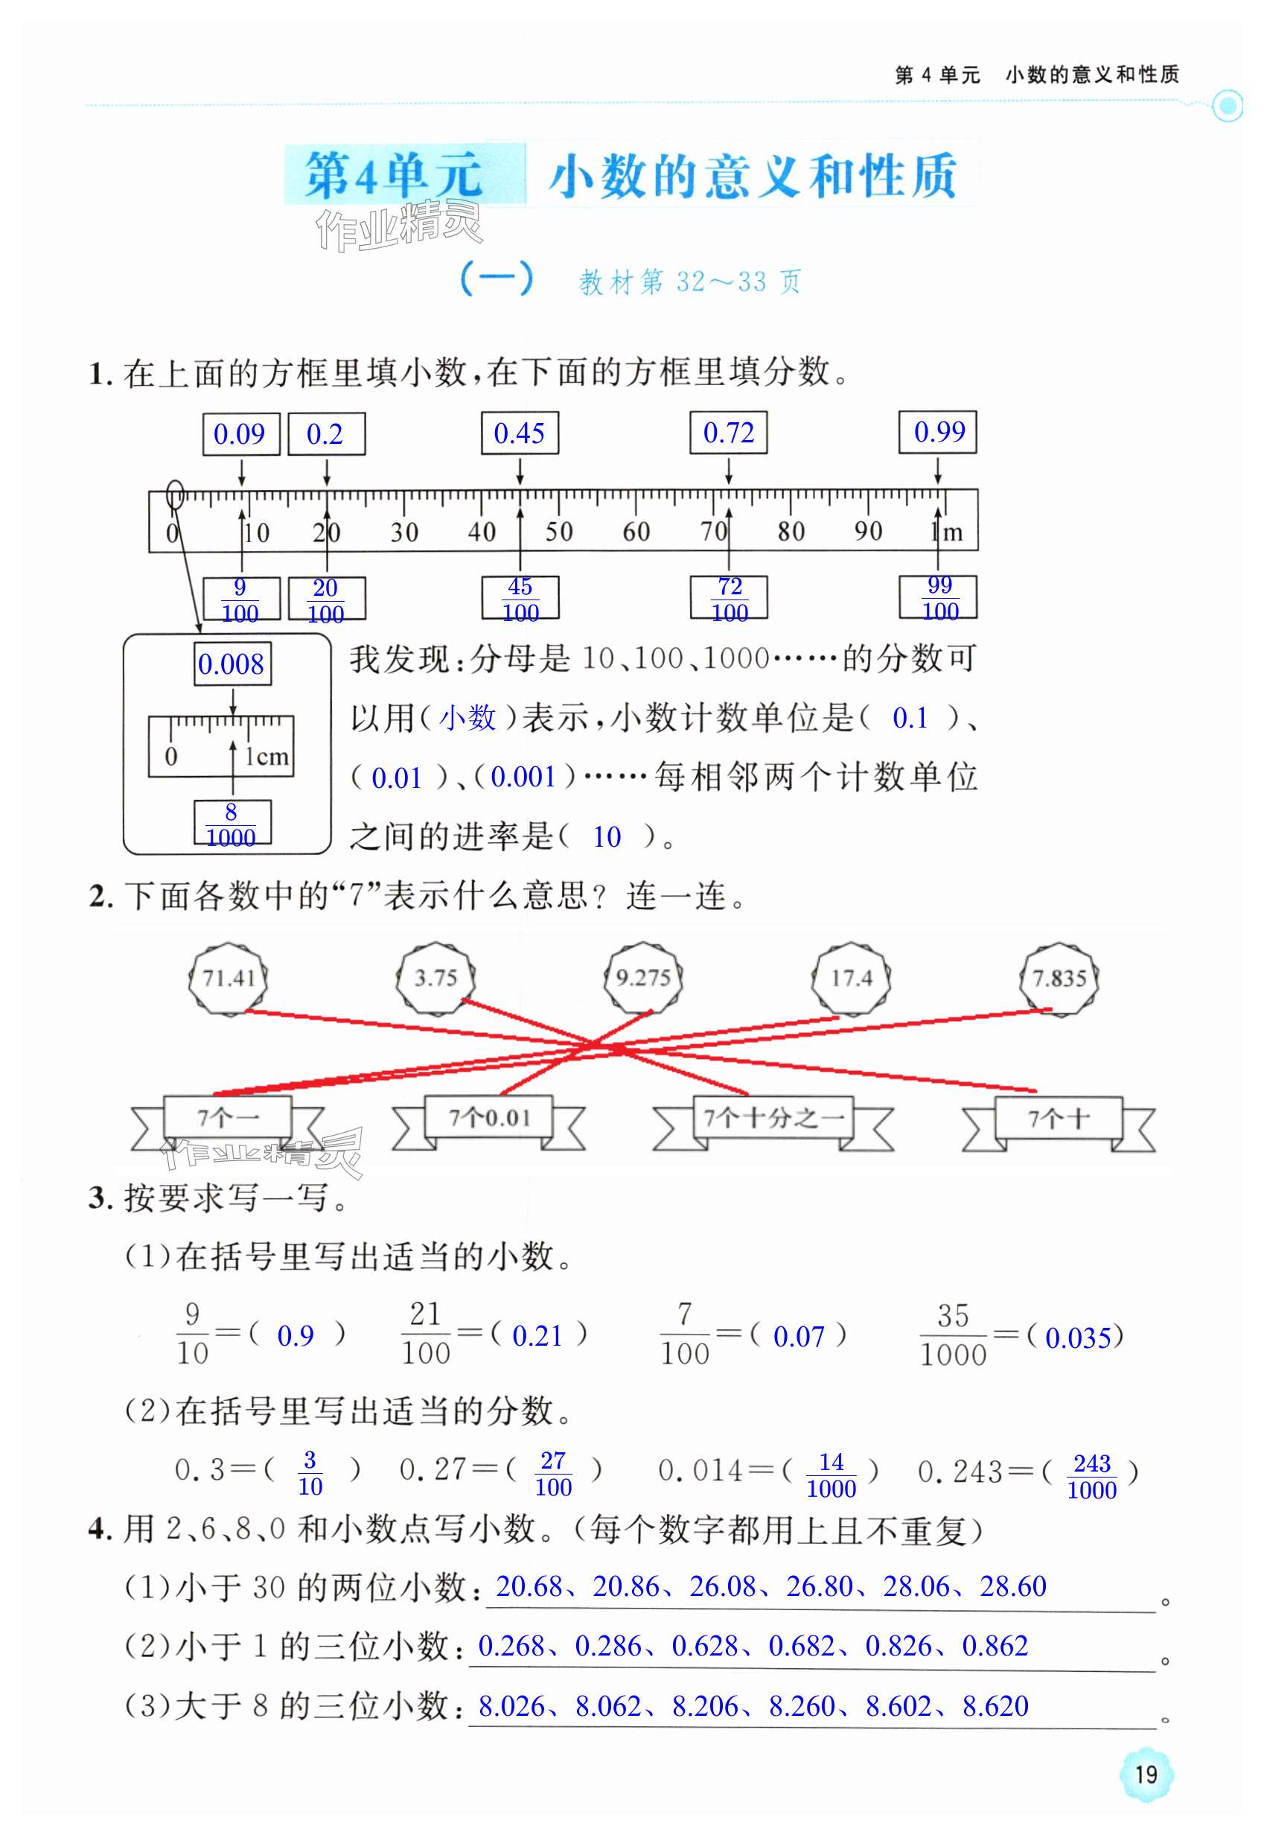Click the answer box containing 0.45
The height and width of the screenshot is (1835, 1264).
520,433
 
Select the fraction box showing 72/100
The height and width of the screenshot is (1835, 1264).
730,598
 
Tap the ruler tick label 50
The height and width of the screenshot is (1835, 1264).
559,532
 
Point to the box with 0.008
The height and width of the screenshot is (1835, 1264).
232,664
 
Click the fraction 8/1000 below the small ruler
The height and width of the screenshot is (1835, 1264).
232,824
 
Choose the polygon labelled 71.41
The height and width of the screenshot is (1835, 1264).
228,978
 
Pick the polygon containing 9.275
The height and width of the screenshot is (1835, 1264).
643,978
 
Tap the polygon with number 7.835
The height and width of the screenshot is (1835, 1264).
1059,978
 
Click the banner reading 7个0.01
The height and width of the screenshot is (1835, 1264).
488,1118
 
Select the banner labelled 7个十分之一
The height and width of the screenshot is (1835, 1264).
773,1118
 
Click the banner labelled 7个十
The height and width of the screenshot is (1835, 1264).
1058,1119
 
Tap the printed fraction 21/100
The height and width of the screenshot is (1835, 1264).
425,1334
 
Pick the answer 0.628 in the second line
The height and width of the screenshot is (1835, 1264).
706,1646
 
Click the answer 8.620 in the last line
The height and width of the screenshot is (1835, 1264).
995,1706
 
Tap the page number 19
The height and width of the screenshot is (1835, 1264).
1146,1774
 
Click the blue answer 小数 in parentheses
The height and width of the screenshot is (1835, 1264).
467,718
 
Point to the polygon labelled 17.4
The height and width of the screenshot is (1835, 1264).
852,978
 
